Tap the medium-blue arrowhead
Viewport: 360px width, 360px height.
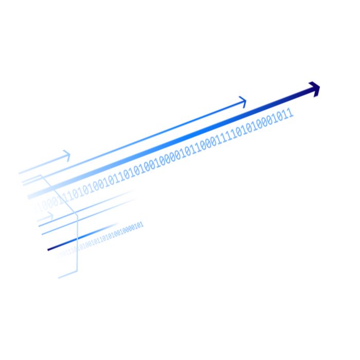[242, 101]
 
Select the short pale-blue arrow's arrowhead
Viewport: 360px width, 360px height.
[67, 156]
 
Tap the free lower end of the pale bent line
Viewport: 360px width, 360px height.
[59, 276]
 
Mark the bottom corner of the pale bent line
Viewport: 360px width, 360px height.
[78, 268]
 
